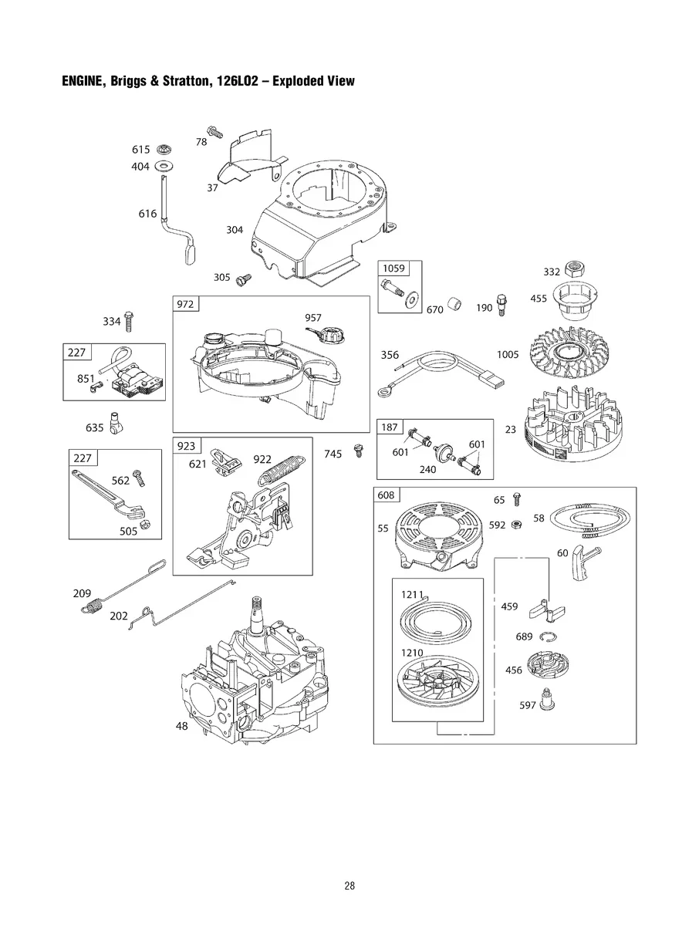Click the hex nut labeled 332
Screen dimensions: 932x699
574,269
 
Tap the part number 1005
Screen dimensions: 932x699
508,355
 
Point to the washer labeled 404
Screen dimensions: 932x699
164,166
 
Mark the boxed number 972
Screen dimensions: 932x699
185,304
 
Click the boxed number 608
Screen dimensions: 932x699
386,495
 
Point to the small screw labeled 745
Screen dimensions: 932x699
358,451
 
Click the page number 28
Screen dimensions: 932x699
349,886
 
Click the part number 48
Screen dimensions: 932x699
182,726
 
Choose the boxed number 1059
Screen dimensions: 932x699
393,268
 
